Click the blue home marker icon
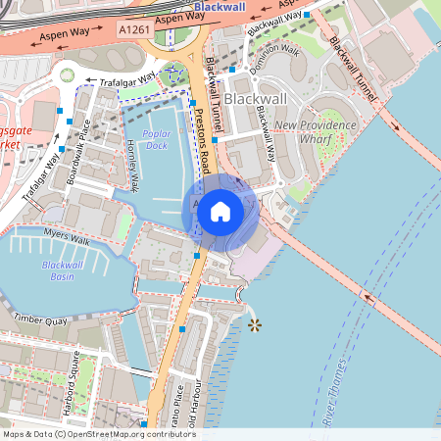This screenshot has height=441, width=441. [220, 211]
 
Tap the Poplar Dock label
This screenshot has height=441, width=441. [156, 139]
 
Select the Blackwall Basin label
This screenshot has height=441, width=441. [63, 270]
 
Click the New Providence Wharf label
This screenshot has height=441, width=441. [314, 131]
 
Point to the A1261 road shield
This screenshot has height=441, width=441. [135, 31]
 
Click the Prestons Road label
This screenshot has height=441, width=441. [204, 146]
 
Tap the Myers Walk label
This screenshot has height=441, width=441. [67, 237]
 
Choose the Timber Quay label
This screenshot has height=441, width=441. [41, 320]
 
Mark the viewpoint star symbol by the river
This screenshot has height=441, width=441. [255, 323]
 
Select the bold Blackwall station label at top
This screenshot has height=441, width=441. [220, 7]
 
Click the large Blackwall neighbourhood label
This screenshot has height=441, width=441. [255, 99]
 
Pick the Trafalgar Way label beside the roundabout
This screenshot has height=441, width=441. [121, 80]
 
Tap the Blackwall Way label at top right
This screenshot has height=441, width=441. [274, 23]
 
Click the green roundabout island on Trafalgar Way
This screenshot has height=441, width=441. [67, 75]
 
